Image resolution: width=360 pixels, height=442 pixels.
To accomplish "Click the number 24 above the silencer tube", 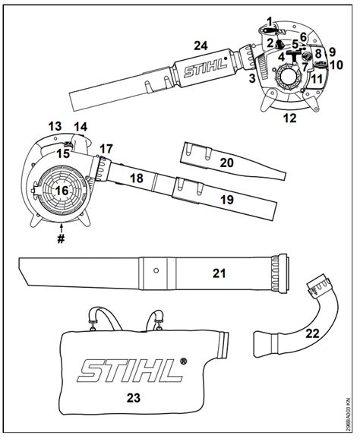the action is coord(201,46).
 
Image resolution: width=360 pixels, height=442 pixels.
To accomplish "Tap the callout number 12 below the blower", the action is coord(290,118).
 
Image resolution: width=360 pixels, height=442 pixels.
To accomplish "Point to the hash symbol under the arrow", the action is coord(61,238).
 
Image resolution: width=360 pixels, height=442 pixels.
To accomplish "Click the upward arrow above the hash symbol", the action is coord(61,228).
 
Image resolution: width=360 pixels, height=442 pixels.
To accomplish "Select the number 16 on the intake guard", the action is coord(62,191).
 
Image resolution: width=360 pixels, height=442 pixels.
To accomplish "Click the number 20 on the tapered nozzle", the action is coord(226,163).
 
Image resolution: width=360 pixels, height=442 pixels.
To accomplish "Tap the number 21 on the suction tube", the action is coord(219,273).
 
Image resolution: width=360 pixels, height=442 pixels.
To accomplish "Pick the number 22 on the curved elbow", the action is coord(313,333).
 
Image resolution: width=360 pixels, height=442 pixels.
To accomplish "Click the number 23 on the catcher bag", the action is coord(134,398).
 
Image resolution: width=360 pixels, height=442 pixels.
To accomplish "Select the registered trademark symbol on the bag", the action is coord(183,361).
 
